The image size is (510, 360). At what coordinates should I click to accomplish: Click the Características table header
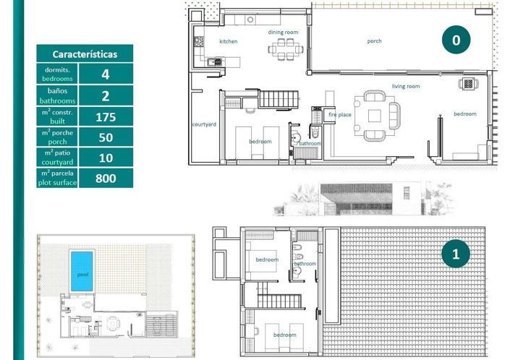85,54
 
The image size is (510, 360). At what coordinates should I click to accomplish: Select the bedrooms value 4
106,74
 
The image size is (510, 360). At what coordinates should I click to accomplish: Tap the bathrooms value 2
106,95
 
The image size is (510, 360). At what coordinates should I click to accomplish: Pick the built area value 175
106,116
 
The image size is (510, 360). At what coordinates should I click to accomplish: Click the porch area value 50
106,137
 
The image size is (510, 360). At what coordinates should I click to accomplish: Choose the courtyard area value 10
106,158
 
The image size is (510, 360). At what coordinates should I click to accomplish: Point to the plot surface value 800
106,179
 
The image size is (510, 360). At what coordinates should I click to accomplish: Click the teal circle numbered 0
456,40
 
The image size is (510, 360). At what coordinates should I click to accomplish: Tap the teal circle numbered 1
455,254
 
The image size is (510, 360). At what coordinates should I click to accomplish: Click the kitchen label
229,41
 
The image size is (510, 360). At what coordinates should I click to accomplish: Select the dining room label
283,33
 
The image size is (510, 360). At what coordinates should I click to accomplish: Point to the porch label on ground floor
374,41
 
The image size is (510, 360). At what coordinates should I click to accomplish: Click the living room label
406,87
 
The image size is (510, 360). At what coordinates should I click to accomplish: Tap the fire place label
339,115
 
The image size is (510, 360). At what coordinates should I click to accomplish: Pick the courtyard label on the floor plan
204,124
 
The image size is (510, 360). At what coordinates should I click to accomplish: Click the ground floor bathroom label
310,143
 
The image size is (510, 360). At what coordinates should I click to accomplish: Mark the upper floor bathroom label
305,264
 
